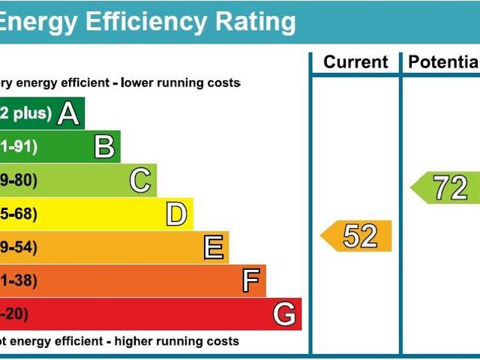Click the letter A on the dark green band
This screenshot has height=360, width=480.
tap(68, 114)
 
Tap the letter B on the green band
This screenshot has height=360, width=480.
tap(104, 147)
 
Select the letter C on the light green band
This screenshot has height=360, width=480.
tap(140, 181)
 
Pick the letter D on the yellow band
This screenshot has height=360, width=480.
tap(176, 215)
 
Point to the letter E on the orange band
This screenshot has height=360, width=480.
tap(214, 247)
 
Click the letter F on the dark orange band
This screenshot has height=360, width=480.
tap(250, 281)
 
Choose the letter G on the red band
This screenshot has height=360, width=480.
tap(284, 314)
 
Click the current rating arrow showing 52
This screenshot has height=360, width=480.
tap(358, 236)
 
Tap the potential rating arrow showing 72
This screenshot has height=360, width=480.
tap(447, 187)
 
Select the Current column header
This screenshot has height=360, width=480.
tap(355, 62)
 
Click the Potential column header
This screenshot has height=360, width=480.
tap(442, 62)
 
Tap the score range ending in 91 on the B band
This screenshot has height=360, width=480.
tap(18, 147)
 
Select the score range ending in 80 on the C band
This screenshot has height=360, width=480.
tap(18, 181)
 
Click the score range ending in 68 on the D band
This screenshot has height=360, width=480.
tap(18, 215)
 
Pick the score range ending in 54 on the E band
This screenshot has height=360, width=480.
tap(18, 247)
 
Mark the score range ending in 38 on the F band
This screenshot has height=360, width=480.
tap(18, 281)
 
